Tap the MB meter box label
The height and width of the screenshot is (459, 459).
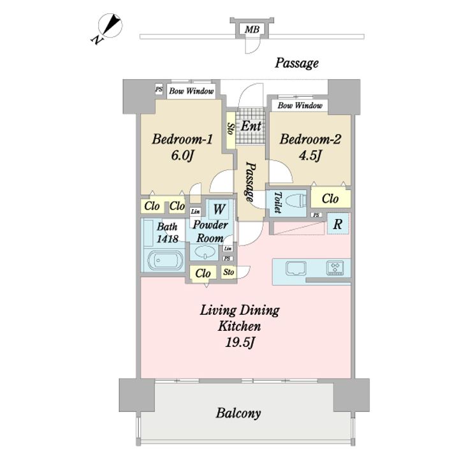(x=252, y=29)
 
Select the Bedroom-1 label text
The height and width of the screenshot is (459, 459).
(x=182, y=139)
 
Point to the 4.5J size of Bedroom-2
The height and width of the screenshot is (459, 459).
(x=310, y=156)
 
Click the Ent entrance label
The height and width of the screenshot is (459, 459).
(x=251, y=126)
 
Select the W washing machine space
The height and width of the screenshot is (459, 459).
(x=219, y=209)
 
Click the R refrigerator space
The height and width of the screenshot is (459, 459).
(x=338, y=224)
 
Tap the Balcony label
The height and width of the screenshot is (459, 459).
(x=238, y=413)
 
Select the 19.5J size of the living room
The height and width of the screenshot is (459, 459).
(x=239, y=342)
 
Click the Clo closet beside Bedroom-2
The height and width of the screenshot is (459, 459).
(x=330, y=199)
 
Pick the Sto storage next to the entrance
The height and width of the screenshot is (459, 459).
(x=231, y=129)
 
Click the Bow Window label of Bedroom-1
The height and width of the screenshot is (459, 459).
(x=191, y=91)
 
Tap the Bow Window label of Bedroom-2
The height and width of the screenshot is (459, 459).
(x=300, y=105)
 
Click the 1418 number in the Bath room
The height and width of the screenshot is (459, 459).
(x=168, y=239)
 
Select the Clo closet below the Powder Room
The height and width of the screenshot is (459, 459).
(x=203, y=273)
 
